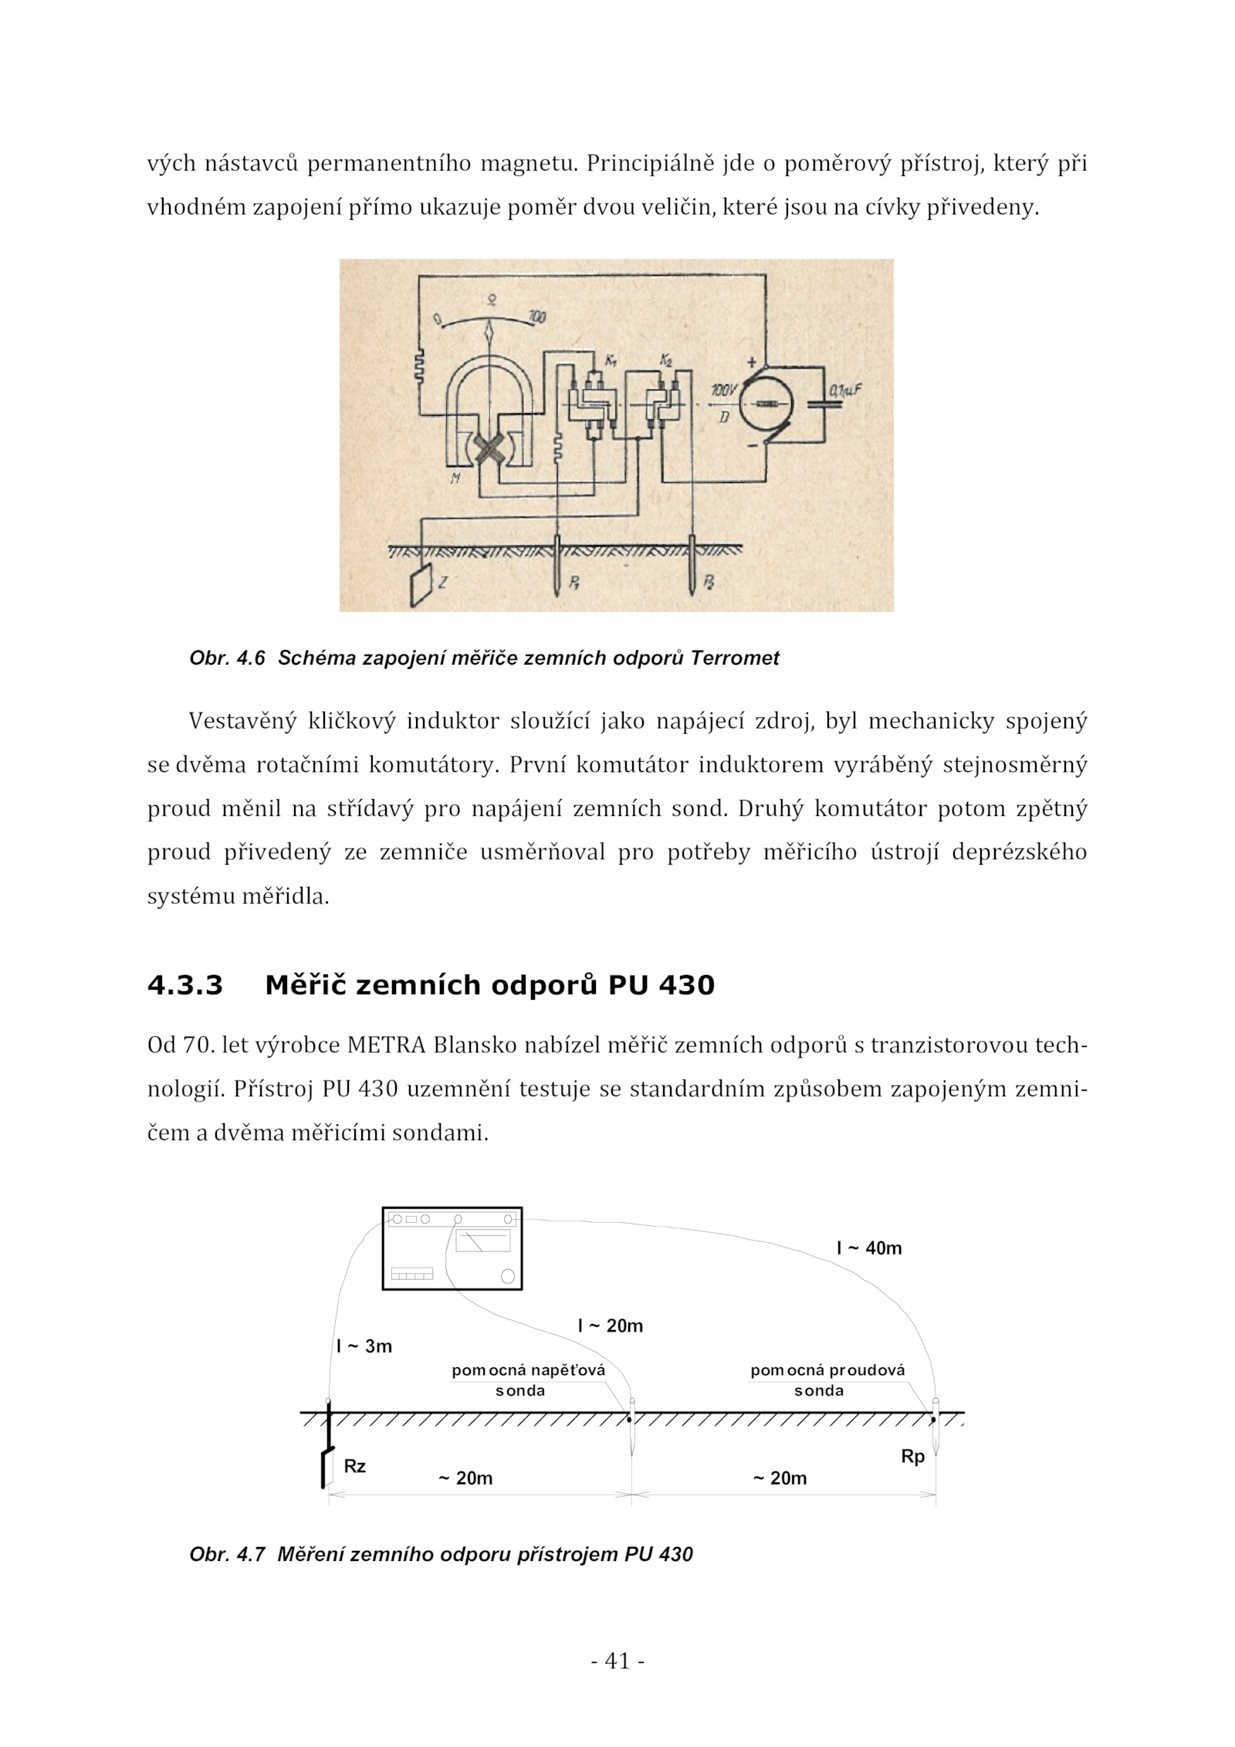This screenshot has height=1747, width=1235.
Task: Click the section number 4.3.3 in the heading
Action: tap(185, 986)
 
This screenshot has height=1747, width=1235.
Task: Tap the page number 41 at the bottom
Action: tap(617, 1661)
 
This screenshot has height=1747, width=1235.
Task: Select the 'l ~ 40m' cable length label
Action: tap(869, 1248)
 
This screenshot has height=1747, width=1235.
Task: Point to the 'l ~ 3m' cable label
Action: tap(364, 1346)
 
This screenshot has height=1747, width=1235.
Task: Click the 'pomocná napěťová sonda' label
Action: tap(529, 1380)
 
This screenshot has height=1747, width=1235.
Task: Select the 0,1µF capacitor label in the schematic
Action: tap(843, 391)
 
